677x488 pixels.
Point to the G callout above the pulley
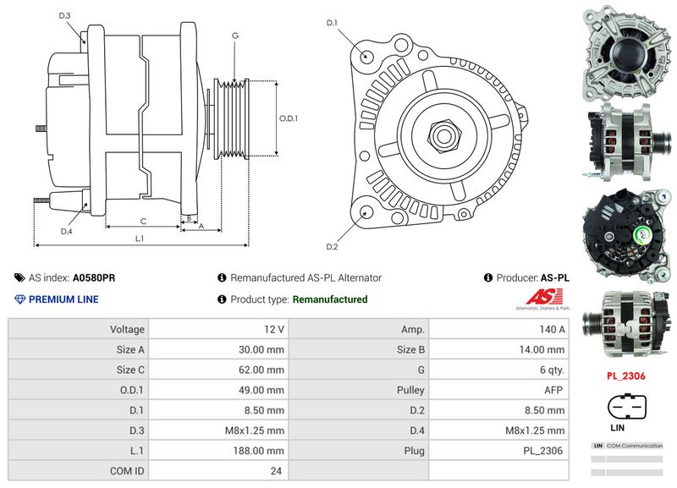coord(234,36)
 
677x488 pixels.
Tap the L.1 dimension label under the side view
coord(140,239)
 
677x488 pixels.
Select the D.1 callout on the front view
coord(332,22)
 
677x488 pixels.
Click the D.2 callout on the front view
coord(332,246)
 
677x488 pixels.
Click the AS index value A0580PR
coord(94,277)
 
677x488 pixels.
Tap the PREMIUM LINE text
coord(63,299)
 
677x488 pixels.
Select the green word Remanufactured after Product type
coord(330,299)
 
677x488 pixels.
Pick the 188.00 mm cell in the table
coord(261,451)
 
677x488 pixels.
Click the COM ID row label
coord(127,471)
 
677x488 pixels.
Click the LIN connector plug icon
coord(625,409)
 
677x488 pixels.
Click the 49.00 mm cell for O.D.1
coord(261,390)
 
